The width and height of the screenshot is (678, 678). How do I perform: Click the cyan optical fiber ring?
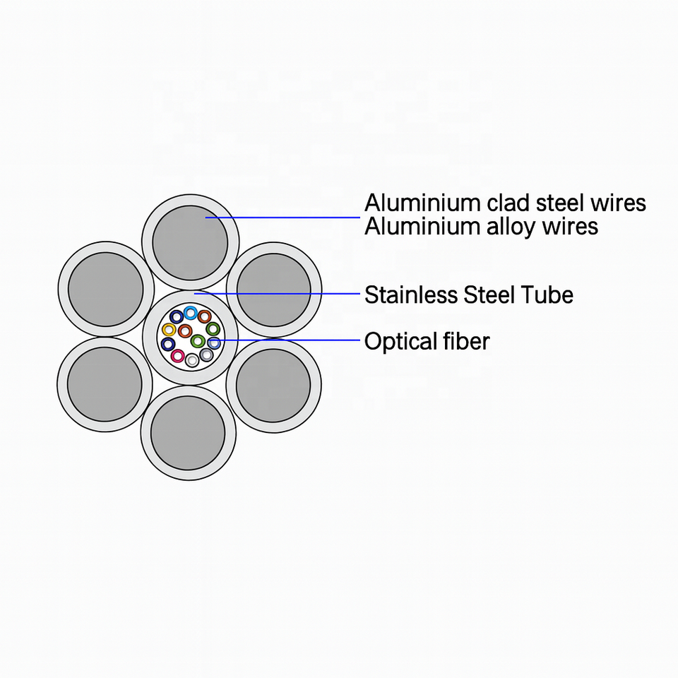[190, 313]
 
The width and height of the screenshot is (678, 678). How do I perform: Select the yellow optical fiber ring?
[169, 330]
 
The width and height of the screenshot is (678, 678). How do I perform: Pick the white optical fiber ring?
[192, 361]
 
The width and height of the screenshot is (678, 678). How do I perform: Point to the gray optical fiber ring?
[206, 355]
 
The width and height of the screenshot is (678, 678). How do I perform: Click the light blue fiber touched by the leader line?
[213, 343]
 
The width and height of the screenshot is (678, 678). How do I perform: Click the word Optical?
[397, 342]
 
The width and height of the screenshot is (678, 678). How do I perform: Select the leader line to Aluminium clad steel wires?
[290, 217]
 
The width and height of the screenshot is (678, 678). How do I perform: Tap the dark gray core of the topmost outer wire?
[190, 242]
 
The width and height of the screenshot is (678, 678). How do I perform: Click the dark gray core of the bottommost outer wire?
[188, 432]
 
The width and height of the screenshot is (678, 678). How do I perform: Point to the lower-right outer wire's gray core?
[273, 385]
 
